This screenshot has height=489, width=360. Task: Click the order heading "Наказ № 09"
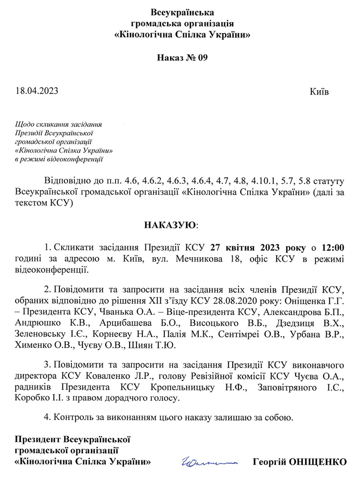(183, 58)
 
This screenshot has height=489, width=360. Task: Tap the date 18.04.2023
(37, 91)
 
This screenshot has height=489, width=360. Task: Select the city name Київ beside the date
(319, 92)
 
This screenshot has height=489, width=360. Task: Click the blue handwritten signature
(209, 462)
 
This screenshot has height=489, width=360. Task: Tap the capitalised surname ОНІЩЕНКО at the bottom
(320, 462)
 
